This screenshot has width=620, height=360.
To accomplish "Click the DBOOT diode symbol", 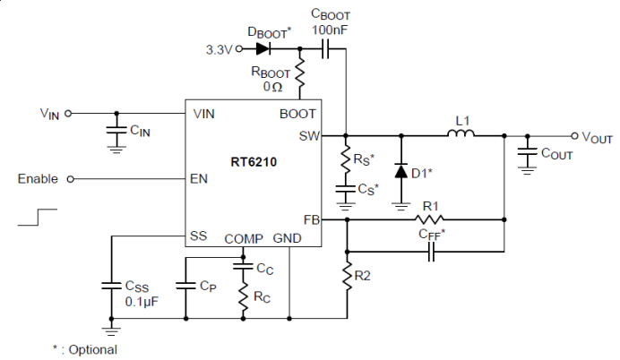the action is [263, 49].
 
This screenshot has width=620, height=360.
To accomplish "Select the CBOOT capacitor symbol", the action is [325, 49].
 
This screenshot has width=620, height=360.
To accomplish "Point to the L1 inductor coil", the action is [461, 133].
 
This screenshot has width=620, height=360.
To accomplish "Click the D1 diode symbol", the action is [401, 171].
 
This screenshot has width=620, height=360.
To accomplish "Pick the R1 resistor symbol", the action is [429, 219].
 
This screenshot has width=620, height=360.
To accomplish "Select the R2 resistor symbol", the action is [347, 276].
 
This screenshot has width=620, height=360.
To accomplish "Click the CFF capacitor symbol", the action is [431, 252].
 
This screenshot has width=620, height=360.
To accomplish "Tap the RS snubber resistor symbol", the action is [346, 159].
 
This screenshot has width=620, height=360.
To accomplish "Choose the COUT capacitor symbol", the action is [527, 152].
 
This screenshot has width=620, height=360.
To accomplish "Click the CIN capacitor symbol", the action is [116, 130].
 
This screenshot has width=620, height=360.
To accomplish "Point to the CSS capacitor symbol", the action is [111, 286].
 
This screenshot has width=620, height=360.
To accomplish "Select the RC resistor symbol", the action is [243, 296].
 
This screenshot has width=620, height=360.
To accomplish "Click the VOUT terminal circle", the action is [574, 136].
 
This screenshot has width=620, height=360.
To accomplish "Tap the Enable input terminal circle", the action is [71, 179].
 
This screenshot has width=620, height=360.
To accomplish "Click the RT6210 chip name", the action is [254, 162].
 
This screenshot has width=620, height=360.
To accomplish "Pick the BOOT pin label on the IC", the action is [297, 114].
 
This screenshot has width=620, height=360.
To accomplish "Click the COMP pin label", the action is [244, 239].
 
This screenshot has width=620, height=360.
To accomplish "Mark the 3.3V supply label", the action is [219, 50].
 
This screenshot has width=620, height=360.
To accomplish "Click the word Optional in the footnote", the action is [93, 350].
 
